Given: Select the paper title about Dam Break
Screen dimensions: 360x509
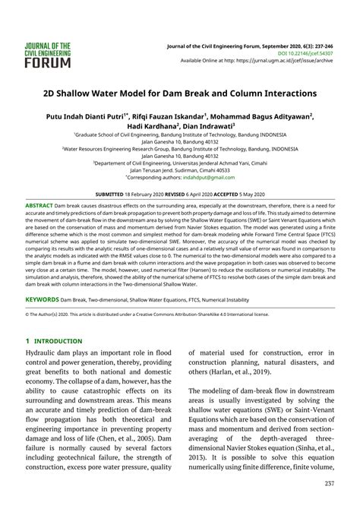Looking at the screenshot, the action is [x=180, y=93].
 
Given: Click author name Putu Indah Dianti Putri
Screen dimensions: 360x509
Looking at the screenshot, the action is [x=75, y=119].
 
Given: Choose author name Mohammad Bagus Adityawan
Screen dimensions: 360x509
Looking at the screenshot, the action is [x=257, y=119].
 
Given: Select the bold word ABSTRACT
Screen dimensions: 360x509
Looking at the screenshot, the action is [x=39, y=206].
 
